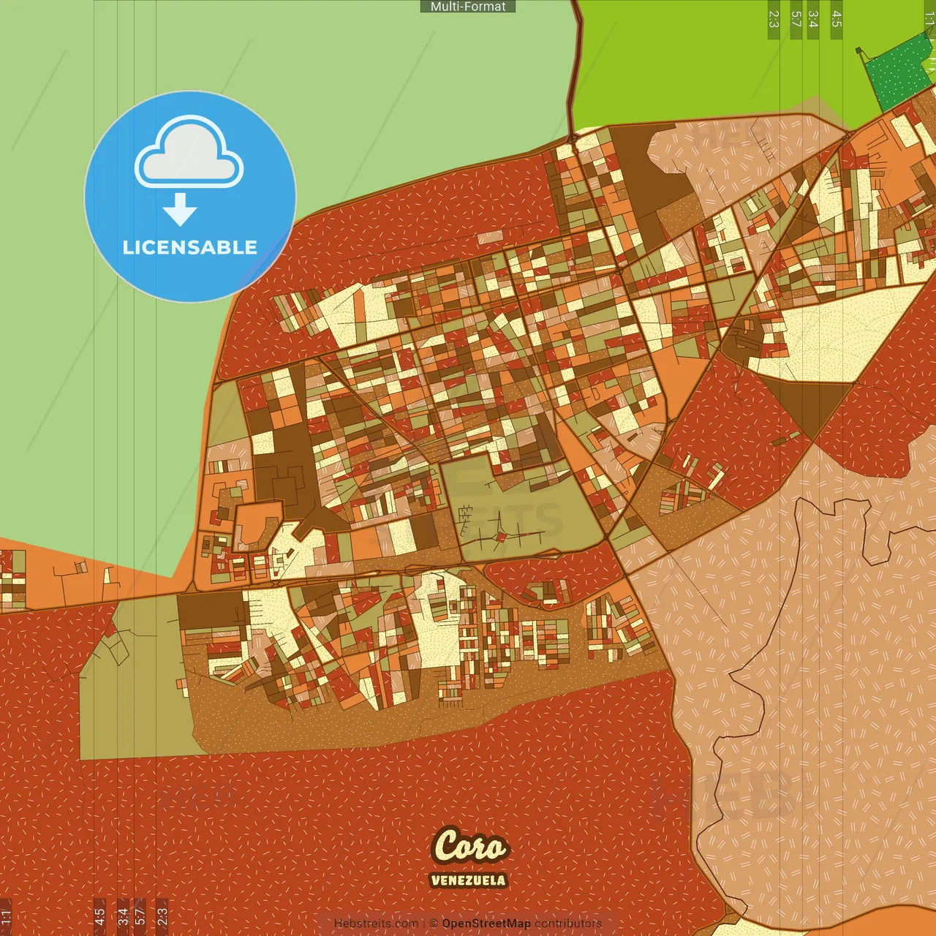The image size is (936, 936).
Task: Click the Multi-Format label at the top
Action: pyautogui.click(x=468, y=7)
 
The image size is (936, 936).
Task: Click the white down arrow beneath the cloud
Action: pyautogui.click(x=180, y=210)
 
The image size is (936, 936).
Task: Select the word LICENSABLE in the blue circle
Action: pyautogui.click(x=190, y=247)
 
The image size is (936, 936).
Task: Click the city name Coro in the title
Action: pyautogui.click(x=469, y=846)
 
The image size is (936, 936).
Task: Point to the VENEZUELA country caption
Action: pyautogui.click(x=468, y=880)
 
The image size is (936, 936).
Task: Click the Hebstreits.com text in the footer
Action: pyautogui.click(x=376, y=924)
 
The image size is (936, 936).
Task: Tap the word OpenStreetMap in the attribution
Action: pyautogui.click(x=486, y=924)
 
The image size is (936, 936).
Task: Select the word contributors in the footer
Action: pyautogui.click(x=567, y=924)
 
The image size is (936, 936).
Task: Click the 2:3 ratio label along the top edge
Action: pyautogui.click(x=774, y=19)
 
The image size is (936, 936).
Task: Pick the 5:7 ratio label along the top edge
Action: pyautogui.click(x=796, y=19)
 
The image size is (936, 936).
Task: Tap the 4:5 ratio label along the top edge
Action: pyautogui.click(x=837, y=19)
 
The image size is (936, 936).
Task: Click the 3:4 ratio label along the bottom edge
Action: pyautogui.click(x=123, y=916)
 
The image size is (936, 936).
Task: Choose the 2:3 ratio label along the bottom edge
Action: pyautogui.click(x=162, y=916)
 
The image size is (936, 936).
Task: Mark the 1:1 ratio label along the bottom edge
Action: pyautogui.click(x=6, y=916)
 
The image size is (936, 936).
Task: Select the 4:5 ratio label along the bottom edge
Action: pyautogui.click(x=99, y=916)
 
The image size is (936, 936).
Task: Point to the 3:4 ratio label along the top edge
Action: pyautogui.click(x=812, y=19)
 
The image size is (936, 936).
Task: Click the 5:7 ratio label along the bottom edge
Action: pyautogui.click(x=140, y=916)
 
